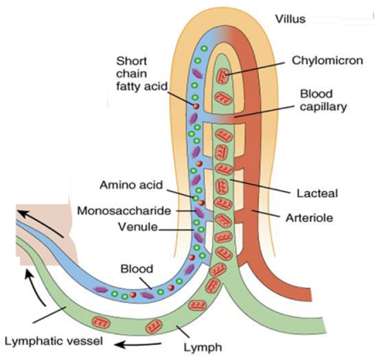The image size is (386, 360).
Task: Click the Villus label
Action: click(290, 19)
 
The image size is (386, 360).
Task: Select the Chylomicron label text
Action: click(327, 60)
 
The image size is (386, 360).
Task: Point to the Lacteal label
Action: click(317, 193)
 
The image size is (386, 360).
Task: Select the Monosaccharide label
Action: click(124, 211)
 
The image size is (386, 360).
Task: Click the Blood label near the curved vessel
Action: click(137, 268)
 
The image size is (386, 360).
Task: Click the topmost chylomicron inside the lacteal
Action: click(224, 75)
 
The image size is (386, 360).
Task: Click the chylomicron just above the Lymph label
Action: click(154, 327)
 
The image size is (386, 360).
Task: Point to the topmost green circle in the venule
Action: click(203, 49)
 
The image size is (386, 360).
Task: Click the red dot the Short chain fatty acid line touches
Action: click(196, 107)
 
